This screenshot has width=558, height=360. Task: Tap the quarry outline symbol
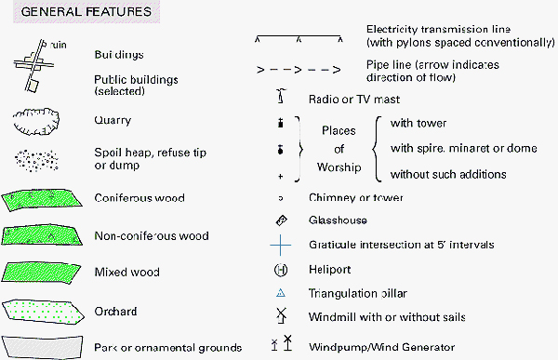click(x=35, y=121)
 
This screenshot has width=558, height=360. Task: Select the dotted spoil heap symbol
click(x=36, y=158)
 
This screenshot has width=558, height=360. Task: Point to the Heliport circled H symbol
click(x=280, y=271)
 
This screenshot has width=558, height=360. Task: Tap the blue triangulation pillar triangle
click(x=280, y=294)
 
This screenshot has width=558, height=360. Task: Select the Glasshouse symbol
click(x=280, y=220)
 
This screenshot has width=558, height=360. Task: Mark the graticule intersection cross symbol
click(x=280, y=246)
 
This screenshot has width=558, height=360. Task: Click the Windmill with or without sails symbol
click(x=280, y=318)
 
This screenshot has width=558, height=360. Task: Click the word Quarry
click(x=113, y=121)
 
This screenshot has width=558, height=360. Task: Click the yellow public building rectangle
click(x=33, y=86)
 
